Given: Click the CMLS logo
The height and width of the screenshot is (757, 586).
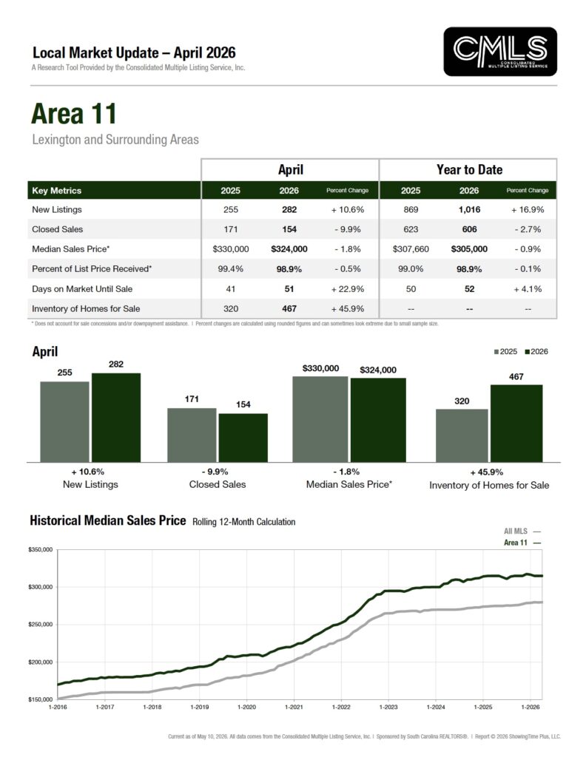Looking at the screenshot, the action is click(x=500, y=52).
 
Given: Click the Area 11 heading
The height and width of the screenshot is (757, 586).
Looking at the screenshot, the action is click(x=74, y=114).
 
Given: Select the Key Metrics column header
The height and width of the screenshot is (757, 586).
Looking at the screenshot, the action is click(x=56, y=191).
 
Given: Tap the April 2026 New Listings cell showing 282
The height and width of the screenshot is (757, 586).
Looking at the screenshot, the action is click(x=289, y=209).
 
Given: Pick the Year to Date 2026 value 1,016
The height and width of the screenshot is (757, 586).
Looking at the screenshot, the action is click(x=470, y=209).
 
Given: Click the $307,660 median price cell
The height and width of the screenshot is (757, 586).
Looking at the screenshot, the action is click(x=411, y=249).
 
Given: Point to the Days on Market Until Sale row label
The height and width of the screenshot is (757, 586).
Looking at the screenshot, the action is click(x=82, y=289).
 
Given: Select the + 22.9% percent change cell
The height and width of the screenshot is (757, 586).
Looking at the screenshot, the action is click(x=347, y=289).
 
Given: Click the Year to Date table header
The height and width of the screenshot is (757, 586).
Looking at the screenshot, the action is click(x=470, y=169).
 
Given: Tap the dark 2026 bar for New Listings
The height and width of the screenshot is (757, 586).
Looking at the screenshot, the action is click(x=116, y=418).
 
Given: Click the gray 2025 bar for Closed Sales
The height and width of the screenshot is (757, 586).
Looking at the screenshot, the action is click(x=192, y=435).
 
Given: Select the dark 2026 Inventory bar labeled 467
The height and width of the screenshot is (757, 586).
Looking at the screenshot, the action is click(x=516, y=424).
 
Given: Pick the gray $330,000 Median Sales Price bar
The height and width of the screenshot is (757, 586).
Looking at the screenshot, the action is click(x=320, y=419).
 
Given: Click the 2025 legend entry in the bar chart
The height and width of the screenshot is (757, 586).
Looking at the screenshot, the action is click(x=505, y=351).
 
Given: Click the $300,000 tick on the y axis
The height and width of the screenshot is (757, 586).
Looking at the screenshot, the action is click(x=41, y=587).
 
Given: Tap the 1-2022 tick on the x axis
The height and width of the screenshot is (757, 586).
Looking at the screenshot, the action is click(x=341, y=707).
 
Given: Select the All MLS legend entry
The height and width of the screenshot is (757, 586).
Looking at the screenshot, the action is click(x=522, y=531).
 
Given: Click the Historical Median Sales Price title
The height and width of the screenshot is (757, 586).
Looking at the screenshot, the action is click(x=108, y=520).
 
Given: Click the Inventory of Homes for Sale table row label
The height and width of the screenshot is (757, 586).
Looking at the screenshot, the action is click(x=86, y=308).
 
